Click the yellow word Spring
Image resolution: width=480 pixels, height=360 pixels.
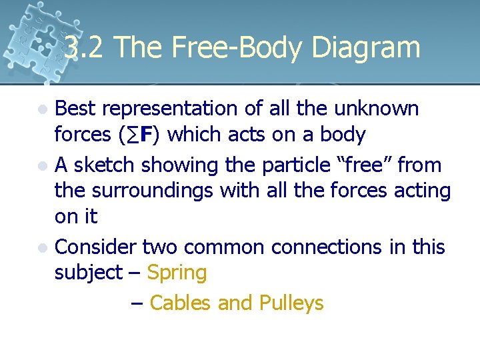[177, 273]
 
